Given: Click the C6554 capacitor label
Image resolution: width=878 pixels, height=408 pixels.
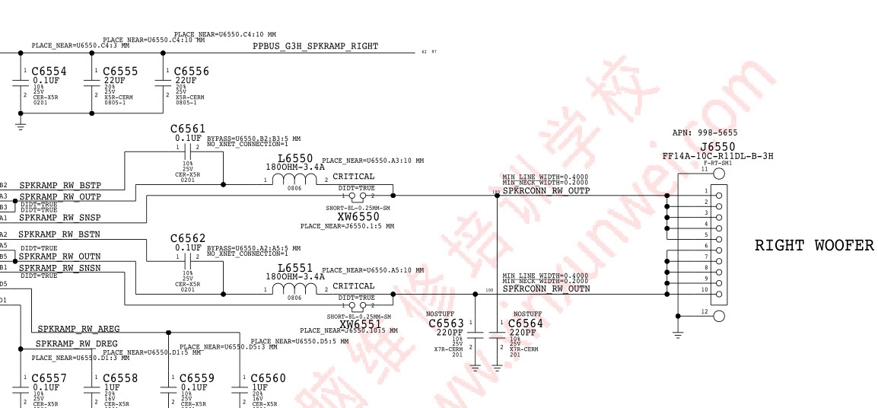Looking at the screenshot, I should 49,71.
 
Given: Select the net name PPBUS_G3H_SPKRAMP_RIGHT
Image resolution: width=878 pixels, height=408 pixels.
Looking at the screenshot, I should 315,46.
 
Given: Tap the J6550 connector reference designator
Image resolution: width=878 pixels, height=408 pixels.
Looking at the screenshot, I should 717,146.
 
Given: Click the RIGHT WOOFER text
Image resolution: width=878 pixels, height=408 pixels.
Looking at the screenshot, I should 814,245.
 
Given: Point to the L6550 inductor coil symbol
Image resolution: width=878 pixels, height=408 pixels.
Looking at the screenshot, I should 289,180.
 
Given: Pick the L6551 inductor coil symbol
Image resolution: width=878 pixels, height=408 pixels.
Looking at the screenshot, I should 289,290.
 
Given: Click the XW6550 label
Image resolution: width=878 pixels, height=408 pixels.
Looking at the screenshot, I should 358,217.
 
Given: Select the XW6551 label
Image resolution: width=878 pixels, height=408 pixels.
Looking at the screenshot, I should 360,324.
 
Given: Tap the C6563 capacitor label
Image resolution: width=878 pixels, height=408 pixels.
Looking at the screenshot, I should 446,324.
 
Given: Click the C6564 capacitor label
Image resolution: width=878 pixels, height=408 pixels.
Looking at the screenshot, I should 526,324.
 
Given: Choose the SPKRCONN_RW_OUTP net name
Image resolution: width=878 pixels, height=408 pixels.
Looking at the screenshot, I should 546,191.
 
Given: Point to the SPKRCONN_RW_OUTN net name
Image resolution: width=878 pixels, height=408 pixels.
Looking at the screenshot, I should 546,289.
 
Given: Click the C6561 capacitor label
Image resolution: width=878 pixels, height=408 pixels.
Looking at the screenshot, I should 188,129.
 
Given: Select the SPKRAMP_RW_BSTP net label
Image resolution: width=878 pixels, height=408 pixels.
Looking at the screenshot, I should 60,186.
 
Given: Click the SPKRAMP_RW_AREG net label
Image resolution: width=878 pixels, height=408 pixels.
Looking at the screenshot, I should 79,329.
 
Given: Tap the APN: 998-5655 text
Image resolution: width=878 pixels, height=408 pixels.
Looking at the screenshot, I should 705,132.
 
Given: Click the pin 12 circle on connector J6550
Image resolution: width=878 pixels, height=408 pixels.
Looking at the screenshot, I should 719,316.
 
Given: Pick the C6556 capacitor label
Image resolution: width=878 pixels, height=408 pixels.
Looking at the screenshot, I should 192,71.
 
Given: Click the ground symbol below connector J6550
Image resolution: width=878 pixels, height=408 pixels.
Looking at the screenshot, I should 678,333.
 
